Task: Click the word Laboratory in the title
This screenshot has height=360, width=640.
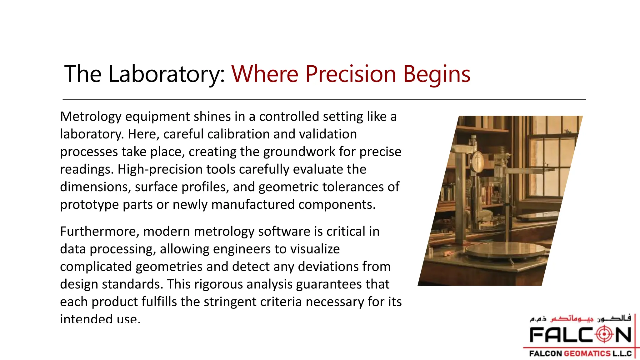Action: [166, 74]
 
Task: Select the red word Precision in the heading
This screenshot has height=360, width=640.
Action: [350, 74]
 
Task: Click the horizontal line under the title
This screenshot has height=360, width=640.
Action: [324, 100]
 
